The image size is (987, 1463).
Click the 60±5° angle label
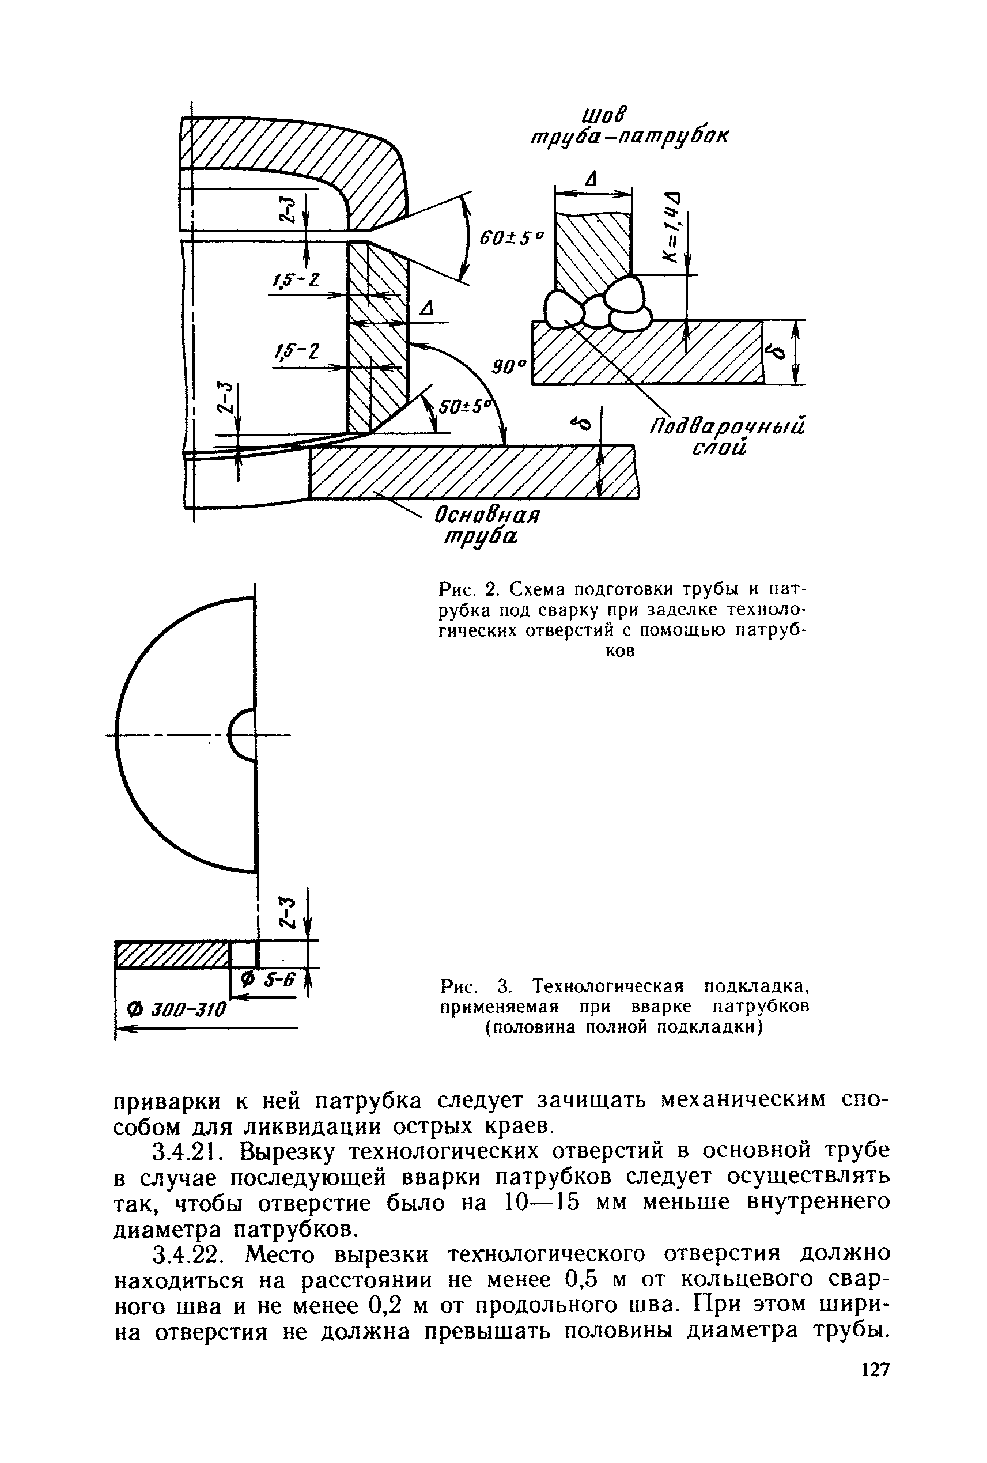(510, 239)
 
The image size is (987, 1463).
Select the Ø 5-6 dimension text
(268, 980)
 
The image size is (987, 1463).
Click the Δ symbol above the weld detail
(590, 179)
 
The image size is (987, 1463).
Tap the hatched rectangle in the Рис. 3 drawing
(171, 955)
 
